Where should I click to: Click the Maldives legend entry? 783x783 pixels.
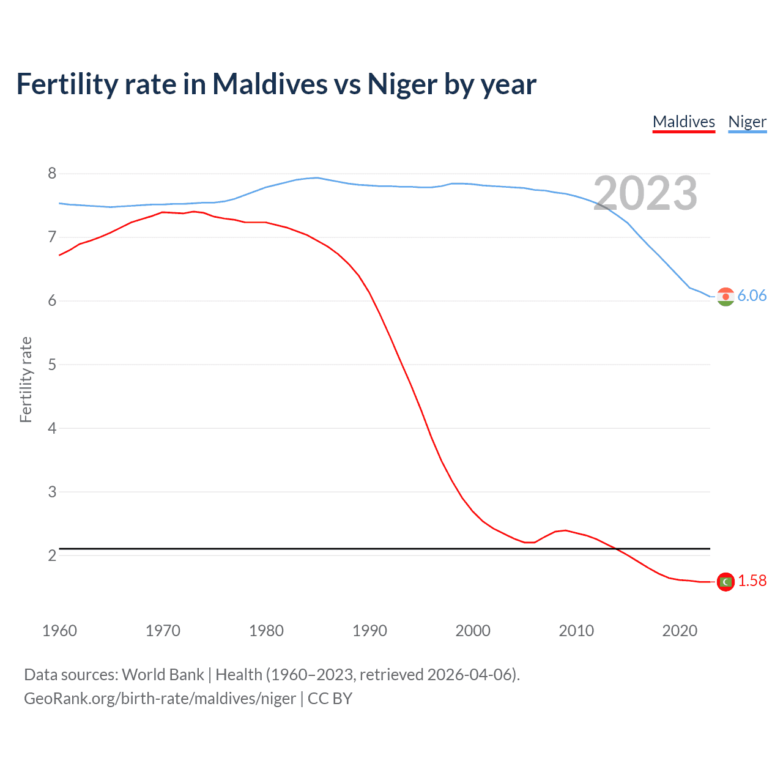point(683,122)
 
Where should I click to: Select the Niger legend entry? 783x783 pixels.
point(747,122)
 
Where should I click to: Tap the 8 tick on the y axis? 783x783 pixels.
point(52,174)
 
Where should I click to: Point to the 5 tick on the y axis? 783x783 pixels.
point(52,365)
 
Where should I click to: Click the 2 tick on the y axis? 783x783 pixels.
point(52,555)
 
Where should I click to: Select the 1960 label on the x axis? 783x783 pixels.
point(59,631)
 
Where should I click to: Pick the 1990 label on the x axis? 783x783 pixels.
point(369,631)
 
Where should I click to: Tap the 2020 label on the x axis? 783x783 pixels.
point(680,631)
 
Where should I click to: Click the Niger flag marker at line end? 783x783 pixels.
point(725,297)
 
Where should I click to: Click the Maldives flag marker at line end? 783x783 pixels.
point(725,582)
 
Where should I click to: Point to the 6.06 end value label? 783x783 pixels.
point(752,296)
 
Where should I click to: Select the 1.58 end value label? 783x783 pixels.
point(752,581)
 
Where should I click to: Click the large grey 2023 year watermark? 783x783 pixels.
point(645,194)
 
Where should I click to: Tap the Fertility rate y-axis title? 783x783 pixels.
point(26,379)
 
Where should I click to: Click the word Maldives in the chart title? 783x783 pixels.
point(270,84)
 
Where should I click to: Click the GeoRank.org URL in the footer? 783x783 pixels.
point(160,699)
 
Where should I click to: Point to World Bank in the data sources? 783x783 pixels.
point(163,675)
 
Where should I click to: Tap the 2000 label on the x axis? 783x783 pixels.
point(473,631)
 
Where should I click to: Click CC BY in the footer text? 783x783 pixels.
point(330,699)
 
